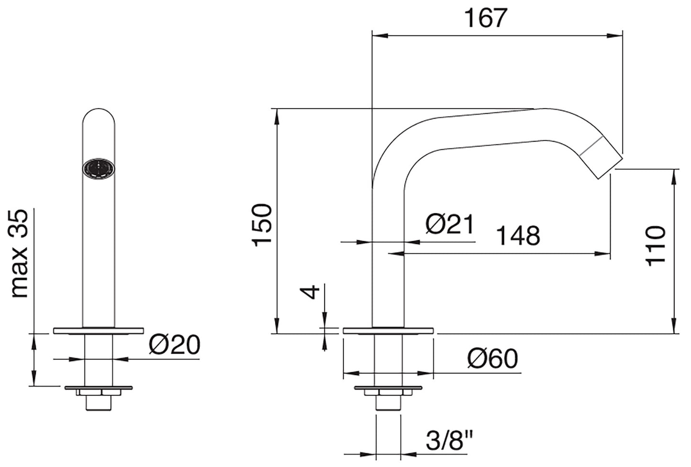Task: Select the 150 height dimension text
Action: (x=263, y=224)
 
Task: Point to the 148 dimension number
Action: (x=518, y=235)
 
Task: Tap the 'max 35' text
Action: (x=20, y=254)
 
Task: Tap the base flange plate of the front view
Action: (x=99, y=331)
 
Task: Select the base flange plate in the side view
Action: (x=388, y=330)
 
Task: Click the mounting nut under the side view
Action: (x=388, y=393)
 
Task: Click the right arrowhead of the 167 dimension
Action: (x=617, y=35)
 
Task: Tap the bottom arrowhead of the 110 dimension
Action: (x=674, y=327)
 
